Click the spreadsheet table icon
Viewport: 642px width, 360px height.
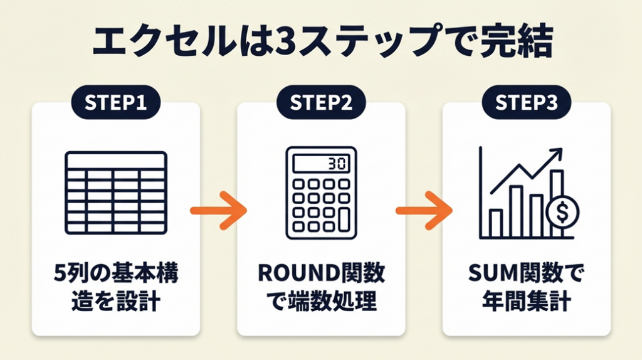point(116,193)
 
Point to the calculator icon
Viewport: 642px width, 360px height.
point(321,193)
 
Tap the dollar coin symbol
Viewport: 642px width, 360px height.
point(562,212)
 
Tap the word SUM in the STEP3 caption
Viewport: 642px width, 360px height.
point(492,274)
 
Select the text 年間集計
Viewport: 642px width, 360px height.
point(527,302)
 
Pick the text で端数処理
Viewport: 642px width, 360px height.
point(321,302)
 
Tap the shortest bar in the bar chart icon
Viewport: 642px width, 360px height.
point(496,223)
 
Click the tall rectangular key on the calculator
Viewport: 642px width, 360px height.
point(344,218)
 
